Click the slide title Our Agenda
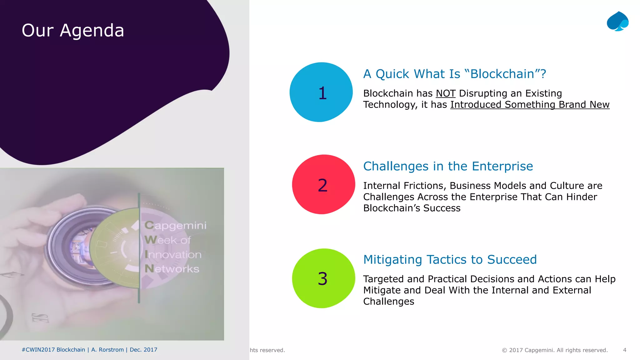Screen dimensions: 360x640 (x=73, y=31)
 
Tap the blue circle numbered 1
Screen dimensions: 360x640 (x=321, y=92)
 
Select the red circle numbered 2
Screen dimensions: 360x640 (x=323, y=185)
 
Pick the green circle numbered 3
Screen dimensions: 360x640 (x=323, y=278)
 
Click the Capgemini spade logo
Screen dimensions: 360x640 (x=617, y=22)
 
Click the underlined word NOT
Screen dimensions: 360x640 (x=446, y=93)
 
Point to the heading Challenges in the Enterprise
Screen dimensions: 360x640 (x=448, y=166)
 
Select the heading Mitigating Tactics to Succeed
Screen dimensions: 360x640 (x=450, y=260)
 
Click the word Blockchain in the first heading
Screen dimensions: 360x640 (x=502, y=74)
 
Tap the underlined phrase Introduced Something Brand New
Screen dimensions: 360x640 (x=530, y=105)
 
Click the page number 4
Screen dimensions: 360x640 (x=624, y=350)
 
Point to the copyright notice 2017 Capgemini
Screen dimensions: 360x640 (x=555, y=350)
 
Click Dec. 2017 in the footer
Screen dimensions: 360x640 (x=143, y=350)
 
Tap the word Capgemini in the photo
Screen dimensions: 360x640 (x=175, y=225)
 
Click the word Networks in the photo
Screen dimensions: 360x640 (x=172, y=269)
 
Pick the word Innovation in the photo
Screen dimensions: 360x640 (x=173, y=254)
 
